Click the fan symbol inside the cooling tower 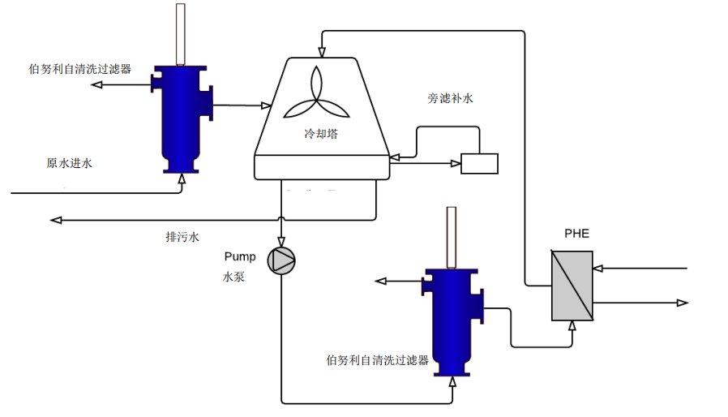[x=316, y=92]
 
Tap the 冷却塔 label [x=321, y=134]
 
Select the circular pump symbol [x=282, y=260]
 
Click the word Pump [x=240, y=256]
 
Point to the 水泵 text [x=234, y=277]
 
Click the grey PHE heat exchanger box [x=572, y=285]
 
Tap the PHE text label [x=576, y=234]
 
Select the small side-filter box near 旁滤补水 [x=479, y=163]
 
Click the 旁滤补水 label [x=450, y=99]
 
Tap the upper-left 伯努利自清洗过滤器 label [x=79, y=69]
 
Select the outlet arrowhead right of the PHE [x=683, y=303]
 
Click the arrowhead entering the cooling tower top [x=322, y=54]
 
